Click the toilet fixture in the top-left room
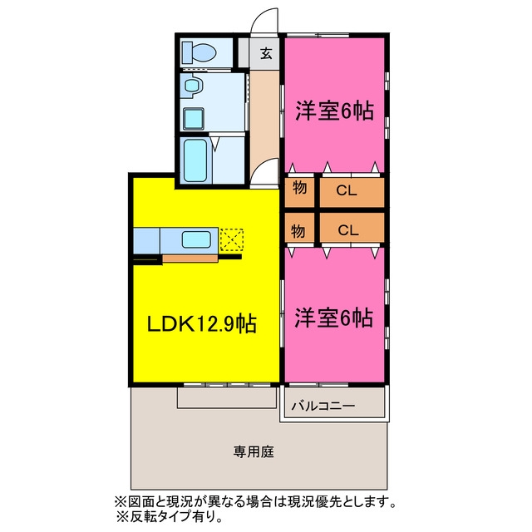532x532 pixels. (199, 53)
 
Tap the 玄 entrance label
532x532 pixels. (266, 53)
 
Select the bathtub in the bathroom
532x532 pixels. (196, 160)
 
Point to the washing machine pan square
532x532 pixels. (194, 118)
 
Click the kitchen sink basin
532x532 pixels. (196, 239)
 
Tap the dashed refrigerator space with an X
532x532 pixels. (232, 240)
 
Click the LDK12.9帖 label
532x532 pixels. (201, 324)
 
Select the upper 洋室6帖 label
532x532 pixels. (334, 111)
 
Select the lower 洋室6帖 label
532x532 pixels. (334, 318)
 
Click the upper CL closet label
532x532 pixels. (347, 190)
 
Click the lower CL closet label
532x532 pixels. (348, 231)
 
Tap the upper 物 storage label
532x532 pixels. (299, 188)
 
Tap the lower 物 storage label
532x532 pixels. (298, 231)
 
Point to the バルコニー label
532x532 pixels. (323, 406)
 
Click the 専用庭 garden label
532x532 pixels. (253, 451)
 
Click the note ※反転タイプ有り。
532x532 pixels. (170, 517)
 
